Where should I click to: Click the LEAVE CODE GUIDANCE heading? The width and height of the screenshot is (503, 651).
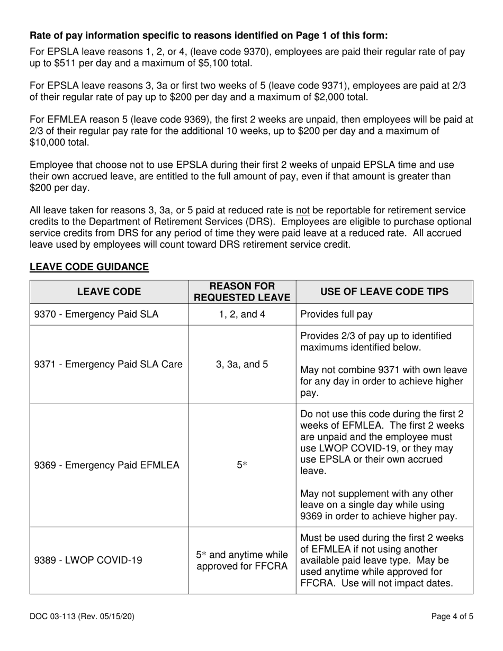pos(89,267)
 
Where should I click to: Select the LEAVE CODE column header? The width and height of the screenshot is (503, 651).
pos(109,292)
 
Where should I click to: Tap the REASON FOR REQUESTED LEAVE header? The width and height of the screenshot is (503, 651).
pos(242,292)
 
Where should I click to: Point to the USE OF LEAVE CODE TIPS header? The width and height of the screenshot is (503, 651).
pos(384,292)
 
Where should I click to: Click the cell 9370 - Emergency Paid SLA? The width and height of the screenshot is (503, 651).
pos(96,314)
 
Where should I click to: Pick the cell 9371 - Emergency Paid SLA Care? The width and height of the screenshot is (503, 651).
pos(108,364)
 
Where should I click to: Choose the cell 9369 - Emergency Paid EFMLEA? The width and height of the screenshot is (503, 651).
pos(106,465)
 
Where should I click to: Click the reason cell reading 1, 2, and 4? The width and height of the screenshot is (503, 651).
pos(242,314)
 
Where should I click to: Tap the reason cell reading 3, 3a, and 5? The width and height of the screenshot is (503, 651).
pos(242,364)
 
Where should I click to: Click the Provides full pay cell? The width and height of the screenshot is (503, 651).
pos(336,314)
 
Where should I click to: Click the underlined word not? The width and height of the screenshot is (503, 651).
pos(302,211)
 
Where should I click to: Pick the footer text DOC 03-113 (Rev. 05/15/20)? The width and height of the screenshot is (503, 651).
pos(85,616)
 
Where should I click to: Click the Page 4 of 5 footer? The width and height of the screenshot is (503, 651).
pos(452,616)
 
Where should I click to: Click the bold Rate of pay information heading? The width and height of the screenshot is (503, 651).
pos(208,36)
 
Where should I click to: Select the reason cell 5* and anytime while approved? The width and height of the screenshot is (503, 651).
pos(242,560)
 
